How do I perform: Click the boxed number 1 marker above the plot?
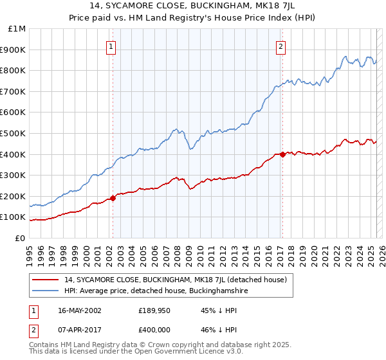(x=111, y=46)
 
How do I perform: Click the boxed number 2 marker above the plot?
(x=282, y=46)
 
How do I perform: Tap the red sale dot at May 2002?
(x=113, y=198)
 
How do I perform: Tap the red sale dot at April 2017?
(x=282, y=154)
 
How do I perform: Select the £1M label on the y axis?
(x=17, y=29)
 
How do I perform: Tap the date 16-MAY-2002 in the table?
(x=79, y=310)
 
